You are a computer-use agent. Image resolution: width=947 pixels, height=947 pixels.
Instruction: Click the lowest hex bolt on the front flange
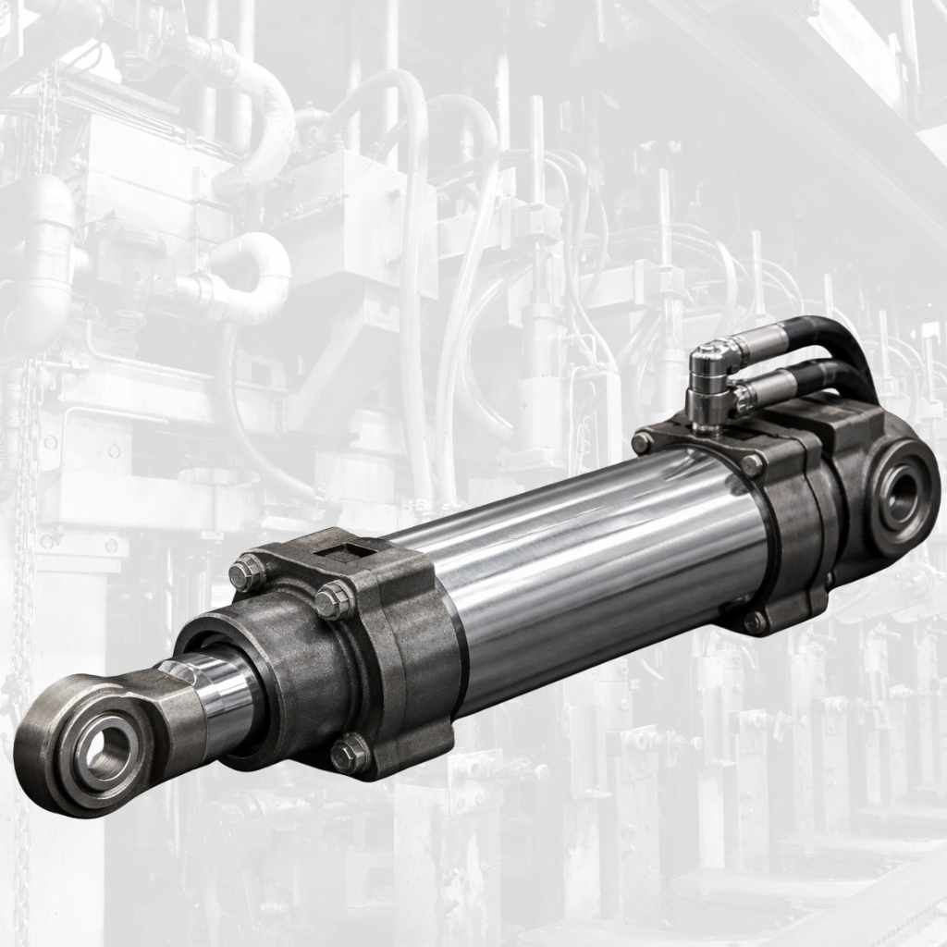click(x=350, y=754)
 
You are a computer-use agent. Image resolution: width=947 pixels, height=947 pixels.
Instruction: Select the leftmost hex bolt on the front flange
click(x=246, y=574)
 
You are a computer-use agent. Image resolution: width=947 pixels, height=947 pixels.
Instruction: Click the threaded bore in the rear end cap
click(x=898, y=497)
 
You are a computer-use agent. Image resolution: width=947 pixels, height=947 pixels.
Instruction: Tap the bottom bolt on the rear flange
click(x=756, y=621)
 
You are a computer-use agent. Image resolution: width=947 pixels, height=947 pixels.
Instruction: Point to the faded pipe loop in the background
click(x=250, y=277)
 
